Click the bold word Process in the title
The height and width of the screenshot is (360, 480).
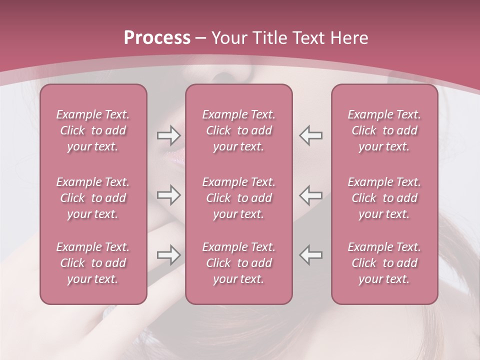pos(157,38)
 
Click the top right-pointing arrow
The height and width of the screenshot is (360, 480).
pos(168,135)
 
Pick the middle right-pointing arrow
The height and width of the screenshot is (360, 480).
pos(168,195)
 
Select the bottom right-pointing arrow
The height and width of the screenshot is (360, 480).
pos(168,255)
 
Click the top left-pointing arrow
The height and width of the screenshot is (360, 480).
pos(311,135)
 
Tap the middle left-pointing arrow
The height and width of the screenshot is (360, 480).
pos(311,195)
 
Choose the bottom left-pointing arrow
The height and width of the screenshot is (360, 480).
pos(311,255)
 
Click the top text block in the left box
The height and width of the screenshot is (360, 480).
pos(93,130)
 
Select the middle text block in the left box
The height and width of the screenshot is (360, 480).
pos(93,198)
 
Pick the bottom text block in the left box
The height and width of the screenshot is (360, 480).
pos(93,263)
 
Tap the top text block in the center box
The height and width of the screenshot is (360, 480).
pos(238,130)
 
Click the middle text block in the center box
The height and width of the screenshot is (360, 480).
pos(238,198)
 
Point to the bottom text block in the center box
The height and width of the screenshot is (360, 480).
pos(238,263)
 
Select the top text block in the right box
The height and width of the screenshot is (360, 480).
pos(384,130)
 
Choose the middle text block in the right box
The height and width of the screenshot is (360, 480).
pos(384,198)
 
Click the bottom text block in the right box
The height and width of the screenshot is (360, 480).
pos(384,263)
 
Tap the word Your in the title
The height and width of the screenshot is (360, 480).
pos(227,38)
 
